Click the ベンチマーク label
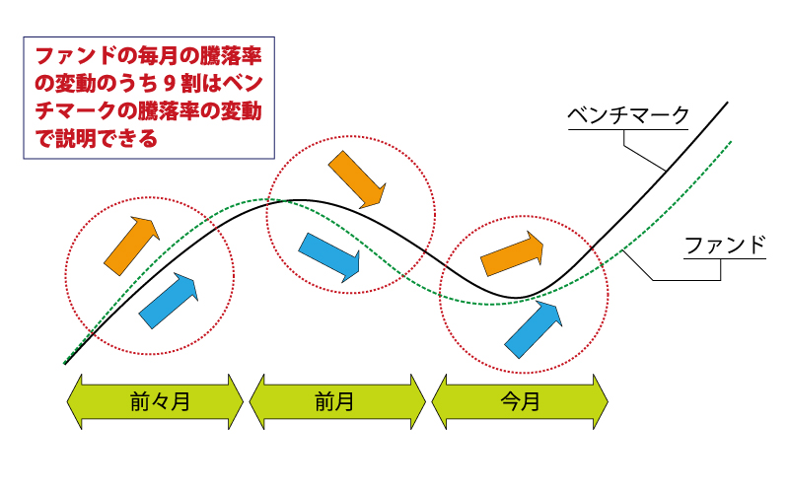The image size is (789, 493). click(x=628, y=115)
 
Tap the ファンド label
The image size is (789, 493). click(x=725, y=245)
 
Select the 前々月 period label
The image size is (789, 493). click(x=160, y=402)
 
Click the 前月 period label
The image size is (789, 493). click(x=334, y=402)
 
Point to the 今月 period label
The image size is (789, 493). click(x=521, y=402)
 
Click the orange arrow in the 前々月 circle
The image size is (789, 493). click(x=131, y=246)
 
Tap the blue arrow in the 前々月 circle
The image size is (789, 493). click(x=168, y=301)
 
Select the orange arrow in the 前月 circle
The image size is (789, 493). click(x=357, y=179)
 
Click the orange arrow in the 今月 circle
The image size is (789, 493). click(x=512, y=253)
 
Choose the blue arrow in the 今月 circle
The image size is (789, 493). click(x=534, y=329)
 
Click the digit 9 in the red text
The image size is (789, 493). click(x=169, y=84)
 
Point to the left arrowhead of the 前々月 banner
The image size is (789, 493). click(x=75, y=402)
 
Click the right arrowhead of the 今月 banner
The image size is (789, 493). click(x=601, y=402)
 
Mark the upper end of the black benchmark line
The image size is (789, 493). click(x=727, y=103)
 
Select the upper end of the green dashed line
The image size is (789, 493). click(x=730, y=142)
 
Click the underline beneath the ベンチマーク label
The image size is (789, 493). click(x=628, y=130)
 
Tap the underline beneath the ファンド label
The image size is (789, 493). click(x=725, y=259)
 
